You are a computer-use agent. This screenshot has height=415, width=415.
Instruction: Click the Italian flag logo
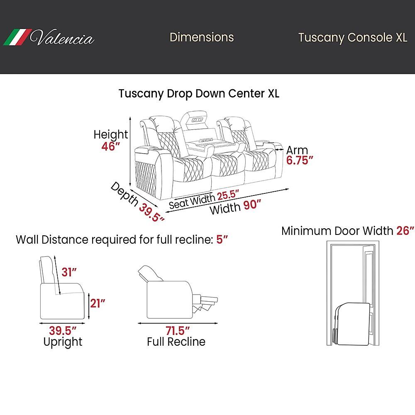point(17,37)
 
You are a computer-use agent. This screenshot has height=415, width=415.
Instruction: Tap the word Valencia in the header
point(62,39)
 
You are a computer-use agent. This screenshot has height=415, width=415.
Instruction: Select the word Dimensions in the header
point(202,37)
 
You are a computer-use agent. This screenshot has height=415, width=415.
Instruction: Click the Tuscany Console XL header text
point(352,38)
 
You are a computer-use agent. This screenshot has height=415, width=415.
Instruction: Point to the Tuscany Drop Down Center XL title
point(199,93)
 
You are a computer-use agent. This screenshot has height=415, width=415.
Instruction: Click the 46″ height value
point(111,146)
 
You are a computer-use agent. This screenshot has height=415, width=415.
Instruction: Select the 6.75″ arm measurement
point(299,161)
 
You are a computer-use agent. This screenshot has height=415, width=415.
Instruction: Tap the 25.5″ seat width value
point(227,195)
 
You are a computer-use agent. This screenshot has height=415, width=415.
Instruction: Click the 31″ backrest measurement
point(69,272)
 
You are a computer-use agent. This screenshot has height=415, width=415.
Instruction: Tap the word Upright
point(63,342)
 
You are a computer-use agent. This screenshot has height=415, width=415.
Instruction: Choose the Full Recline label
point(176,342)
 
